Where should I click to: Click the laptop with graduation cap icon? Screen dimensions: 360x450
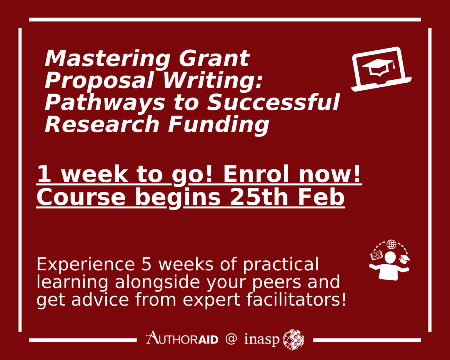click(381, 69)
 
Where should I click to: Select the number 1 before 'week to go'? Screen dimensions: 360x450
click(44, 175)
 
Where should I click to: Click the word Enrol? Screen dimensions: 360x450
click(258, 175)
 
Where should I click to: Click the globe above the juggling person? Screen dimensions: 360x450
click(391, 244)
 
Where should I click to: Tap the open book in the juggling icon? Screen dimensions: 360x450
click(376, 255)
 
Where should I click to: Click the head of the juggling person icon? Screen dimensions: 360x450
click(390, 257)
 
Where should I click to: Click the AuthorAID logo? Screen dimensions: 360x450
click(182, 339)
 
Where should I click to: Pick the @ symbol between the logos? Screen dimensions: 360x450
click(231, 339)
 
